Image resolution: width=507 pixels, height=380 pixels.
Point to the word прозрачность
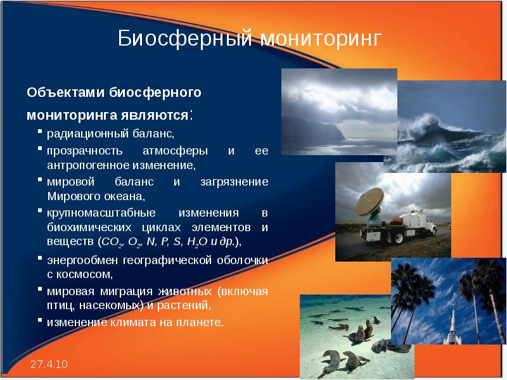81,152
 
